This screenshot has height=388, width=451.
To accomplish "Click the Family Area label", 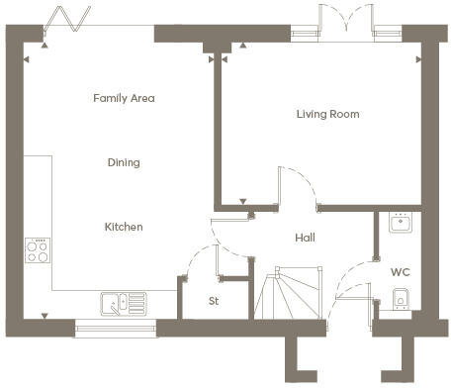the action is (124, 98).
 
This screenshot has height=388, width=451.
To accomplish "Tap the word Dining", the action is (124, 162).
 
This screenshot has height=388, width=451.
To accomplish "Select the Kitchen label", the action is (124, 227).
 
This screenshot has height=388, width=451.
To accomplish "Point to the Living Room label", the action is (327, 114).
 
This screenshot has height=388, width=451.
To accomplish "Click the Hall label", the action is (305, 238).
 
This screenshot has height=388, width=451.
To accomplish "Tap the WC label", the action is (401, 272).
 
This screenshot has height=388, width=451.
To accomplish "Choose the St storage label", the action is (214, 301).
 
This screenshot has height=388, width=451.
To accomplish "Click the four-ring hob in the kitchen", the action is (38, 250).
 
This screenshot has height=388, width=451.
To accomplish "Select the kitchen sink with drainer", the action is (124, 304).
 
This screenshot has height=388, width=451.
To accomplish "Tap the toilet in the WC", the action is (401, 300).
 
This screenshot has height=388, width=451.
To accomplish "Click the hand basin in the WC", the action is (401, 222).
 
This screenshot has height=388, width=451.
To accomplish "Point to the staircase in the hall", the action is (288, 293).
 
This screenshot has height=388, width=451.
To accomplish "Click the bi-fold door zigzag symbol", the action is (67, 19).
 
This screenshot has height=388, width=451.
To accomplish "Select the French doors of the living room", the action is (346, 20).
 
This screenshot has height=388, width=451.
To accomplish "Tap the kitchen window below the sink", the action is (116, 329).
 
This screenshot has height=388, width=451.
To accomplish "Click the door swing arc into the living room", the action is (304, 180).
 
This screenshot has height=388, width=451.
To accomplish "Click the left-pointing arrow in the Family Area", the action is (27, 59).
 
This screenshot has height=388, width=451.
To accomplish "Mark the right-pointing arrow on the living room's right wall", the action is (418, 59).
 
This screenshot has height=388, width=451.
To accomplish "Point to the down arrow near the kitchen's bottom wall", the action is (45, 316).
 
